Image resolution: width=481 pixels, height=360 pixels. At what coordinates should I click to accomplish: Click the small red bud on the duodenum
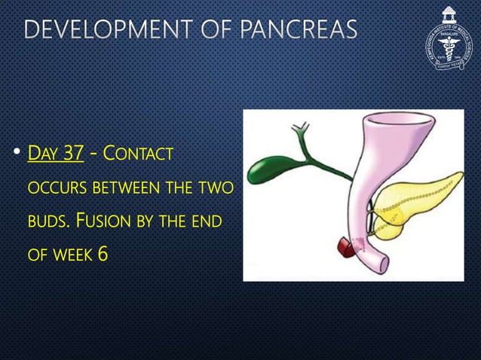[x=348, y=246]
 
